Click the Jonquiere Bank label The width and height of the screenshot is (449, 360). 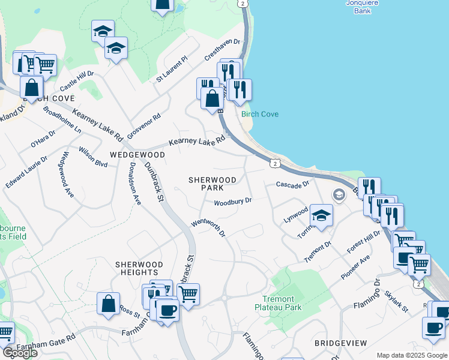click(363, 6)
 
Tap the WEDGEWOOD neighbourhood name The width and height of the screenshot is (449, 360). click(137, 154)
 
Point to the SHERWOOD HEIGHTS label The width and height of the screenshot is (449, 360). click(139, 268)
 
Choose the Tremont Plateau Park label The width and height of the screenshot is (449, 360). click(279, 303)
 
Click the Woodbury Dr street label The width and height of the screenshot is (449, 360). click(233, 202)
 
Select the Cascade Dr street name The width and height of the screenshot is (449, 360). click(292, 184)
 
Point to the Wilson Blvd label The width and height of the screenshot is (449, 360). click(93, 157)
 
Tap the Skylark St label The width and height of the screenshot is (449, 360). click(397, 302)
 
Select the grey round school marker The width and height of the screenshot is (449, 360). click(339, 195)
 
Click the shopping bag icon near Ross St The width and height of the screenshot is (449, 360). click(108, 303)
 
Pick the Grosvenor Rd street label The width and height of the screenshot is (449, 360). click(144, 125)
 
